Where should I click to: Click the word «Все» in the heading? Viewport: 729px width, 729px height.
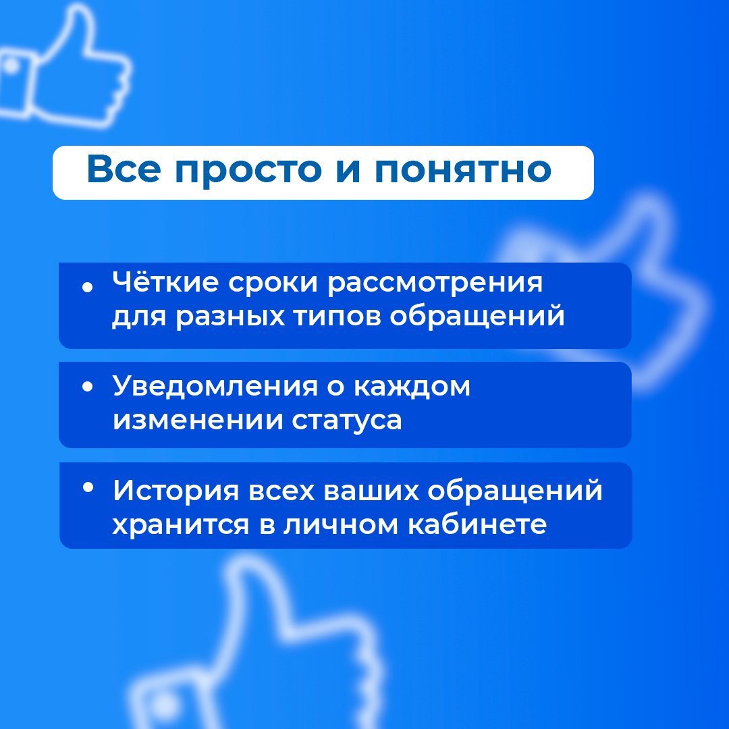[124, 168]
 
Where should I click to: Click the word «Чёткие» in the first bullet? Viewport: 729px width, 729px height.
[165, 281]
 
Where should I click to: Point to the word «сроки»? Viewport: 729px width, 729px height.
[272, 285]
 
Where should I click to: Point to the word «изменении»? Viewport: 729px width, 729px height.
[198, 420]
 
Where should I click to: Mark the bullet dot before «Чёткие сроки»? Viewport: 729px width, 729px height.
[87, 288]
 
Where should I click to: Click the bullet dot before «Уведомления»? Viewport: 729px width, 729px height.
[87, 387]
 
